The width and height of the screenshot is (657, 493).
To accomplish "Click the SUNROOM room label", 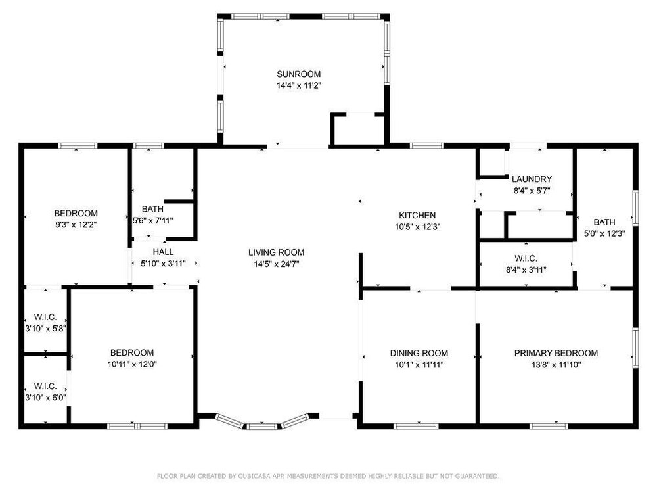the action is click(299, 74).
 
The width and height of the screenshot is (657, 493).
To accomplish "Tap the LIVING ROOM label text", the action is click(276, 252).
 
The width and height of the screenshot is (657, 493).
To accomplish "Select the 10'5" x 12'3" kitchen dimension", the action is click(417, 227).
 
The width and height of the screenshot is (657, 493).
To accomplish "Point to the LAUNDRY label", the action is click(532, 179).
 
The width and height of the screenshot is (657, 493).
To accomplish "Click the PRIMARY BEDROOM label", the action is click(556, 353).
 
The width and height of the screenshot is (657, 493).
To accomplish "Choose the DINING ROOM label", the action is click(419, 353).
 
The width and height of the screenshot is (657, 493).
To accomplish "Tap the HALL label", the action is click(163, 252).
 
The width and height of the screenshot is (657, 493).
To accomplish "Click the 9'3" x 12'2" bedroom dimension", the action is click(76, 225).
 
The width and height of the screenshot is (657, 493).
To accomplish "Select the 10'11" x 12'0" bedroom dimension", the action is click(132, 364).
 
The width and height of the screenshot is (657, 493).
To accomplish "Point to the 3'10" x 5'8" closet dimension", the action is click(46, 329).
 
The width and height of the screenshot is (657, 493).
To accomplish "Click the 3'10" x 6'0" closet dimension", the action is click(46, 398).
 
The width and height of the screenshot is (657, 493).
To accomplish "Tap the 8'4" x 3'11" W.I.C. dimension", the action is click(526, 270).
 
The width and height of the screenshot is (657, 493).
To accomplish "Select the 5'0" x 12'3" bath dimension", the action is click(604, 233).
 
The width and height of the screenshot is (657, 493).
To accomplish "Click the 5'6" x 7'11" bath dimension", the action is click(153, 220).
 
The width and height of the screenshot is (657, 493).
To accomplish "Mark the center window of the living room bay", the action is click(261, 427).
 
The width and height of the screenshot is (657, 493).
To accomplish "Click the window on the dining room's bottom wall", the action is click(416, 427).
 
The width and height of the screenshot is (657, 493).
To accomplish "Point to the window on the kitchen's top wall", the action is click(426, 145).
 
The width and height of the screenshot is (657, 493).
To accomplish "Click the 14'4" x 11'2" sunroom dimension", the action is click(299, 86).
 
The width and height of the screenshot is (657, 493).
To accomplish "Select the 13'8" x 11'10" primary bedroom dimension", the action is click(556, 365).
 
